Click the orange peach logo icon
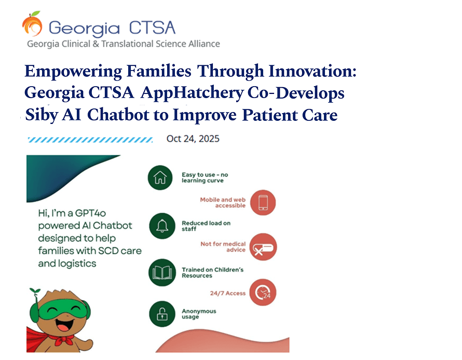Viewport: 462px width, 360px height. [32, 24]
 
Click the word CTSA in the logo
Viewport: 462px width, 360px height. [152, 28]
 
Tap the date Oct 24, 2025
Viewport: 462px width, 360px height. [193, 139]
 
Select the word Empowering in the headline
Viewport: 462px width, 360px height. [73, 72]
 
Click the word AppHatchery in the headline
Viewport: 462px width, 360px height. [192, 93]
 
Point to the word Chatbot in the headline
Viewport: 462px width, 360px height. [118, 115]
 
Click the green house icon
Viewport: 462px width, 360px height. [160, 177]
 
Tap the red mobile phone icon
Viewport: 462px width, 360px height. [263, 202]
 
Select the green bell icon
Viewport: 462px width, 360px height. [162, 226]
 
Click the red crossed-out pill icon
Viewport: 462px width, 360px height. [263, 247]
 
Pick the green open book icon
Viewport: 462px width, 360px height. [162, 272]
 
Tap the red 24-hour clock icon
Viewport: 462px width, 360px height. [263, 292]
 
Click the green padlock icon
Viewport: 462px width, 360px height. [162, 314]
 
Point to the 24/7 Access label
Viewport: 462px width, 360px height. [228, 293]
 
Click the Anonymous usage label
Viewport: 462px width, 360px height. [199, 314]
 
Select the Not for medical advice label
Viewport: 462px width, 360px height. [223, 247]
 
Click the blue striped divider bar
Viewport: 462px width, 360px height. [90, 140]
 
